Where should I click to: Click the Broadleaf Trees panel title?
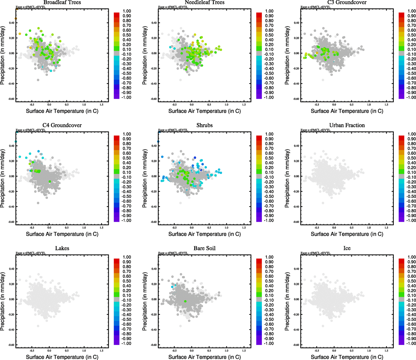click(x=62, y=2)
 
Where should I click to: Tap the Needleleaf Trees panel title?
click(x=204, y=2)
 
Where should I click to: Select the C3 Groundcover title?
click(x=347, y=2)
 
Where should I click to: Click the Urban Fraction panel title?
click(x=347, y=125)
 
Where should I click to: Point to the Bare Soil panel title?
click(x=204, y=248)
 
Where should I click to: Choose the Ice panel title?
click(x=347, y=248)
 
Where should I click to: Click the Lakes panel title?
click(x=62, y=248)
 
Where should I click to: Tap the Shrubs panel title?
click(x=204, y=125)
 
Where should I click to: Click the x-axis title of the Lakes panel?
click(x=62, y=357)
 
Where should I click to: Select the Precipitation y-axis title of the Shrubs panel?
click(x=145, y=178)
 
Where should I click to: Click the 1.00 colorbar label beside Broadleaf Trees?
click(x=127, y=11)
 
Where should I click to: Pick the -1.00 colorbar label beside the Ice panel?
click(x=411, y=343)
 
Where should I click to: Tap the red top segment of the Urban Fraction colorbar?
click(x=401, y=138)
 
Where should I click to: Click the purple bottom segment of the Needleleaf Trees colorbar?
click(x=259, y=96)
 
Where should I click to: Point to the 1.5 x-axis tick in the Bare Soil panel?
click(x=244, y=350)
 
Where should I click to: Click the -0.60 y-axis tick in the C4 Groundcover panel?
click(x=11, y=222)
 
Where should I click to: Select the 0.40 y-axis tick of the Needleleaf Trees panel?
click(x=154, y=23)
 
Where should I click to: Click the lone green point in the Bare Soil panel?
click(x=185, y=301)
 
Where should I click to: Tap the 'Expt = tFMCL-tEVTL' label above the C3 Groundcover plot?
click(x=315, y=7)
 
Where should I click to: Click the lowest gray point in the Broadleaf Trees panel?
click(x=38, y=80)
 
